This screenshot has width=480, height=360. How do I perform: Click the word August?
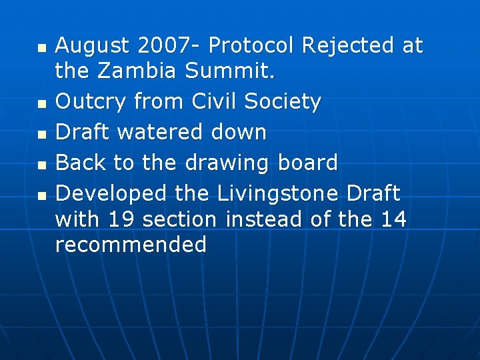92,46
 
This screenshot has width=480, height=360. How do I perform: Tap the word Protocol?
254,46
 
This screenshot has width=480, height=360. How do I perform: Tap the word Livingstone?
279,194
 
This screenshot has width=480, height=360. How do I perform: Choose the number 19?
121,219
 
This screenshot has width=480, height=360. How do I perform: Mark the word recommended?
131,245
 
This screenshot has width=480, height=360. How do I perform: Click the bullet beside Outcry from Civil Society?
42,104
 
